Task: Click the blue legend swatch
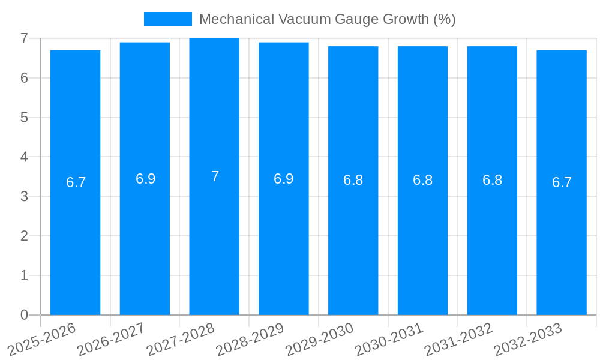pyautogui.click(x=167, y=19)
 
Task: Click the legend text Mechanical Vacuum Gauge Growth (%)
pyautogui.click(x=327, y=19)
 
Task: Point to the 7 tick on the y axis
pyautogui.click(x=24, y=38)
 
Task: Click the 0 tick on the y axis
pyautogui.click(x=24, y=315)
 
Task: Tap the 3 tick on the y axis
pyautogui.click(x=24, y=196)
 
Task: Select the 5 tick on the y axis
pyautogui.click(x=24, y=118)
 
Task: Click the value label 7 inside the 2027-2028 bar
pyautogui.click(x=215, y=176)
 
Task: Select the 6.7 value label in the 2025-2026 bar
pyautogui.click(x=76, y=182)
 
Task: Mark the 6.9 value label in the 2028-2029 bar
pyautogui.click(x=284, y=179)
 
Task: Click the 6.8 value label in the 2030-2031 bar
pyautogui.click(x=422, y=180)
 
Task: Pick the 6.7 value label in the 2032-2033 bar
pyautogui.click(x=562, y=182)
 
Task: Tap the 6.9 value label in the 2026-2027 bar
pyautogui.click(x=145, y=179)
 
